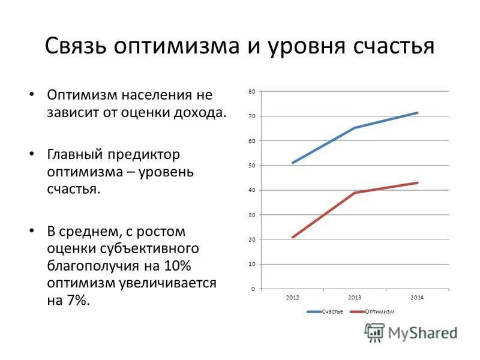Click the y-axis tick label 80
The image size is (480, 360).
point(252,91)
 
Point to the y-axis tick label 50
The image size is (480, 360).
point(252,165)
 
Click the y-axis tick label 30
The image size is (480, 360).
point(252,215)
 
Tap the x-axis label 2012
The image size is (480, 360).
point(293,298)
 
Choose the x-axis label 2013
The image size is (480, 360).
point(355,298)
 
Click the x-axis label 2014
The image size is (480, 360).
point(418,298)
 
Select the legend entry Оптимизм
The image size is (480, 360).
point(379,311)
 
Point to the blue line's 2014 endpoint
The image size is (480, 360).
point(418,113)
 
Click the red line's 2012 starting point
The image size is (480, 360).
point(293,237)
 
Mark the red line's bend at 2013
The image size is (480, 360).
point(355,193)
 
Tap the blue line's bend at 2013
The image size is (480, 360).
point(355,128)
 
